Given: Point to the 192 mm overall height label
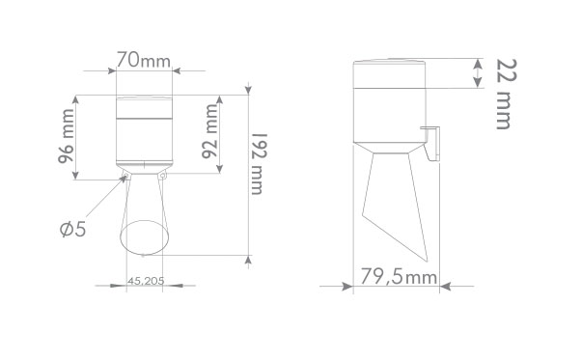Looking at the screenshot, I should coord(258,163).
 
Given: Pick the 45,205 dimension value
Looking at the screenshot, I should coord(144,282).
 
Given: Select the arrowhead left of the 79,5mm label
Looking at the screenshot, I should coord(347,286).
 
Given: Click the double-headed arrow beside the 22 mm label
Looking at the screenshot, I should coord(476,72).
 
